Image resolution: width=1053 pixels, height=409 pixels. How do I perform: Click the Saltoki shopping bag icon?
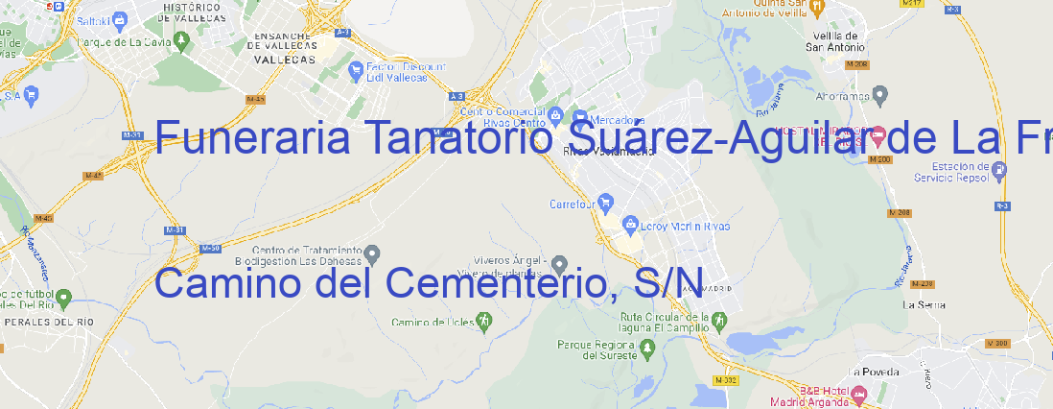(119, 18)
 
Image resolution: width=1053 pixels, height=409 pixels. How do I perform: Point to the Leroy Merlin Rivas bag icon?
(630, 225)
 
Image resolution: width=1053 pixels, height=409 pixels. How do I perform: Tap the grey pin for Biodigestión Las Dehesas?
(373, 253)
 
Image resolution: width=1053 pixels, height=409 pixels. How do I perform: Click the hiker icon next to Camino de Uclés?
(484, 320)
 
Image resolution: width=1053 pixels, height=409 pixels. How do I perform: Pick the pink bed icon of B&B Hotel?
(859, 393)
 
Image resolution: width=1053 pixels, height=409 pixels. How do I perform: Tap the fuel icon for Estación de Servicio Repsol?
(1000, 170)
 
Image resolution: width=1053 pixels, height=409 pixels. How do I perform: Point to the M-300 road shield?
(999, 343)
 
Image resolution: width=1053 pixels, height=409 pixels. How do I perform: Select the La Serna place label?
(924, 304)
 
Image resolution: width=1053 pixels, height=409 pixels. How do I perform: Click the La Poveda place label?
(874, 371)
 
